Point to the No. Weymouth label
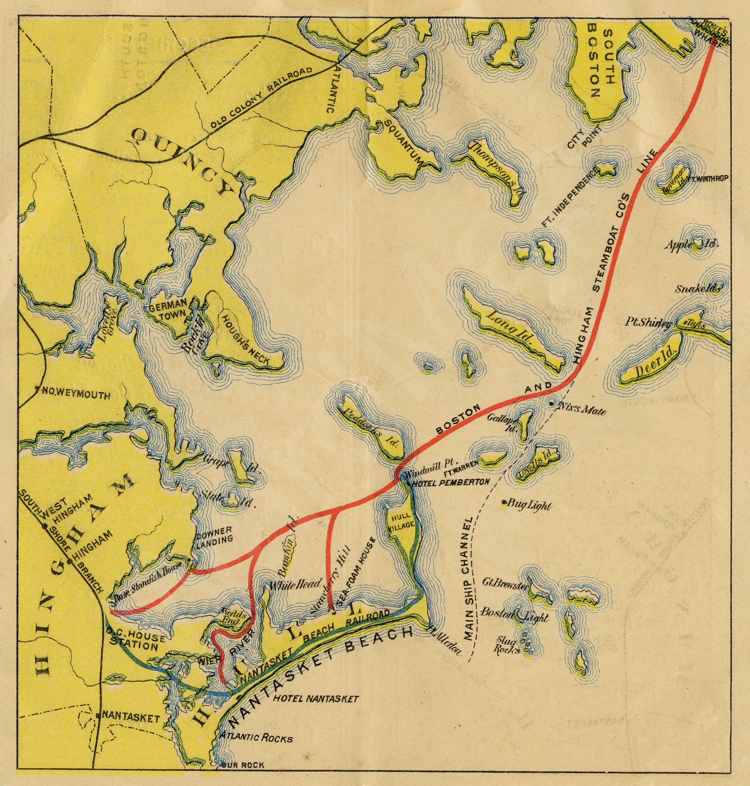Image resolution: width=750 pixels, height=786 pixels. pyautogui.click(x=76, y=395)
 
